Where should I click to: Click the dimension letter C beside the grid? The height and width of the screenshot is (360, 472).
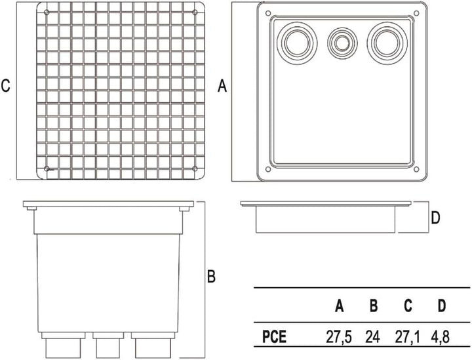(x=5, y=85)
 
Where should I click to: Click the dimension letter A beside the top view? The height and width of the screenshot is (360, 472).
(x=222, y=86)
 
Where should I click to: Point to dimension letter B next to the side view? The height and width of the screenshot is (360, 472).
(x=211, y=276)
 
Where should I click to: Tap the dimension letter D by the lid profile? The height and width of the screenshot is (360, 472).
(x=435, y=218)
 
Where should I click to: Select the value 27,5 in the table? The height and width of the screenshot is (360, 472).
(x=339, y=337)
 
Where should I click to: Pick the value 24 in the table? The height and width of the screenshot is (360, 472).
(x=372, y=337)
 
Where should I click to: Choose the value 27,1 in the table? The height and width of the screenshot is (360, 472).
(x=407, y=337)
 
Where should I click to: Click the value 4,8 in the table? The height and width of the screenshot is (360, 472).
(x=440, y=337)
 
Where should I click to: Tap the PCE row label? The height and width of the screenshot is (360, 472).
(x=274, y=337)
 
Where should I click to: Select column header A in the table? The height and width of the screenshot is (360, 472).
(x=340, y=306)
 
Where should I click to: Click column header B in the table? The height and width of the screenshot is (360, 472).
(x=374, y=306)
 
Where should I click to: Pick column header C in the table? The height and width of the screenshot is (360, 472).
(x=408, y=306)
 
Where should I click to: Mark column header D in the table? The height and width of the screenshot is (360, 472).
(x=442, y=306)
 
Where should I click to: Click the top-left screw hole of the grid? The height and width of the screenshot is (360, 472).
(x=47, y=12)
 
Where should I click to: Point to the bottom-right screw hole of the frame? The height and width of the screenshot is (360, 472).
(x=416, y=169)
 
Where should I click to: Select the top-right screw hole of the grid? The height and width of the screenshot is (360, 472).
(x=195, y=12)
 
